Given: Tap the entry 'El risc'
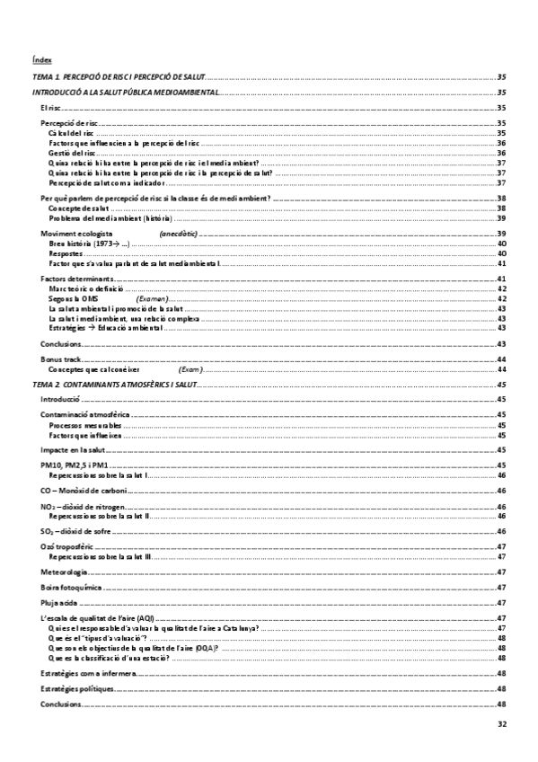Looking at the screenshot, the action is point(50,107).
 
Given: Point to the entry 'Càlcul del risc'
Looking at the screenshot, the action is point(71,132).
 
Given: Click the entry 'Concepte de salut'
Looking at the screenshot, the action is point(77,208).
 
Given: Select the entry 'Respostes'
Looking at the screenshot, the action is point(66,253).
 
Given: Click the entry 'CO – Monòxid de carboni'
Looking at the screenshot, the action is point(84,491).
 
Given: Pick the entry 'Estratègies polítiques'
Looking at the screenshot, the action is point(77,688).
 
